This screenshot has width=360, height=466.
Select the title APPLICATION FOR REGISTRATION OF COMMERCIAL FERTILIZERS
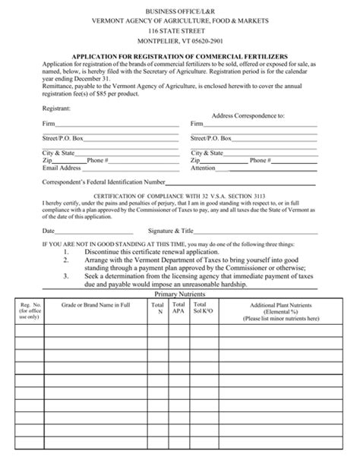click(180, 56)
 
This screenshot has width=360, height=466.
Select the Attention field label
click(204, 168)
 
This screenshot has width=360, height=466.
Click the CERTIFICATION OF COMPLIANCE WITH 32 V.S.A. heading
click(179, 196)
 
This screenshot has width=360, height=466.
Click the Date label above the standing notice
click(49, 230)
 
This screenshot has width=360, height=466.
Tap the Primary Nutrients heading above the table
click(181, 294)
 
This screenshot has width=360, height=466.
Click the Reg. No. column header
click(28, 311)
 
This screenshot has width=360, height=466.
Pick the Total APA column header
click(178, 308)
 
